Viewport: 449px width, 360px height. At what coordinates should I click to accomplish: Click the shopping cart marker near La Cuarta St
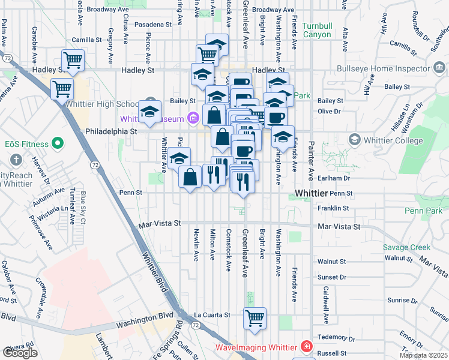pos(255,318)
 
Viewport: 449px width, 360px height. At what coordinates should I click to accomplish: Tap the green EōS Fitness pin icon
pos(58,143)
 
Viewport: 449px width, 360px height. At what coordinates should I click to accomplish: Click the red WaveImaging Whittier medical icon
pos(307,347)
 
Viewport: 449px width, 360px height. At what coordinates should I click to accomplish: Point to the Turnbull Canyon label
pos(316,30)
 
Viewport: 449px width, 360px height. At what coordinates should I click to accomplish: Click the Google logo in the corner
pos(20,352)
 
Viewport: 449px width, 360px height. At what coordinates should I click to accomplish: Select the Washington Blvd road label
pos(144,322)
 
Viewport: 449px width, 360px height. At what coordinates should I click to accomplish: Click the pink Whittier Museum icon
pos(193,118)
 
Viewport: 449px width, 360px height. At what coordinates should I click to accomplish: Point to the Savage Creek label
pos(407,247)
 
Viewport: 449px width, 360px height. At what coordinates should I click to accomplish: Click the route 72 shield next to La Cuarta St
pos(196,324)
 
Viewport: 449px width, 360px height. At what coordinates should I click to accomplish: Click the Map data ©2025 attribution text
pos(423,355)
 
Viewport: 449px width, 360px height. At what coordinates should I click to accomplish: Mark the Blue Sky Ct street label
pos(83,207)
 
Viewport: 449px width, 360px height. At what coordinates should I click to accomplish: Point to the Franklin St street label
pos(334,208)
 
